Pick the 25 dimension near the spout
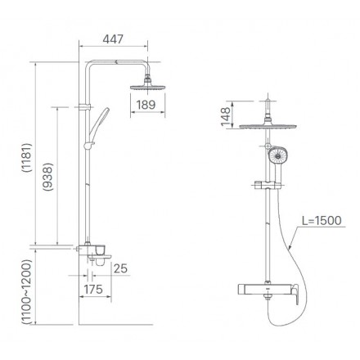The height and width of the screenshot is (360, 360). coord(121,267)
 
